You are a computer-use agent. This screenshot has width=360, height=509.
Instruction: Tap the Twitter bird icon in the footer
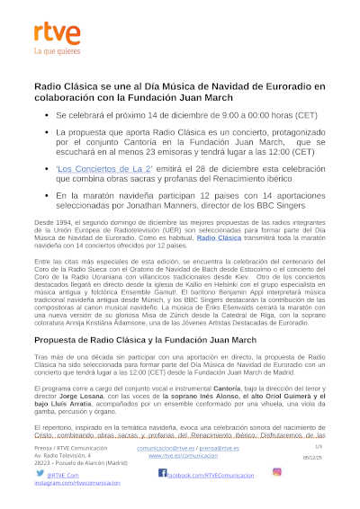point(40,473)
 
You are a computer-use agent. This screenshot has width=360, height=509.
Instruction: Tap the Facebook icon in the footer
point(163,473)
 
